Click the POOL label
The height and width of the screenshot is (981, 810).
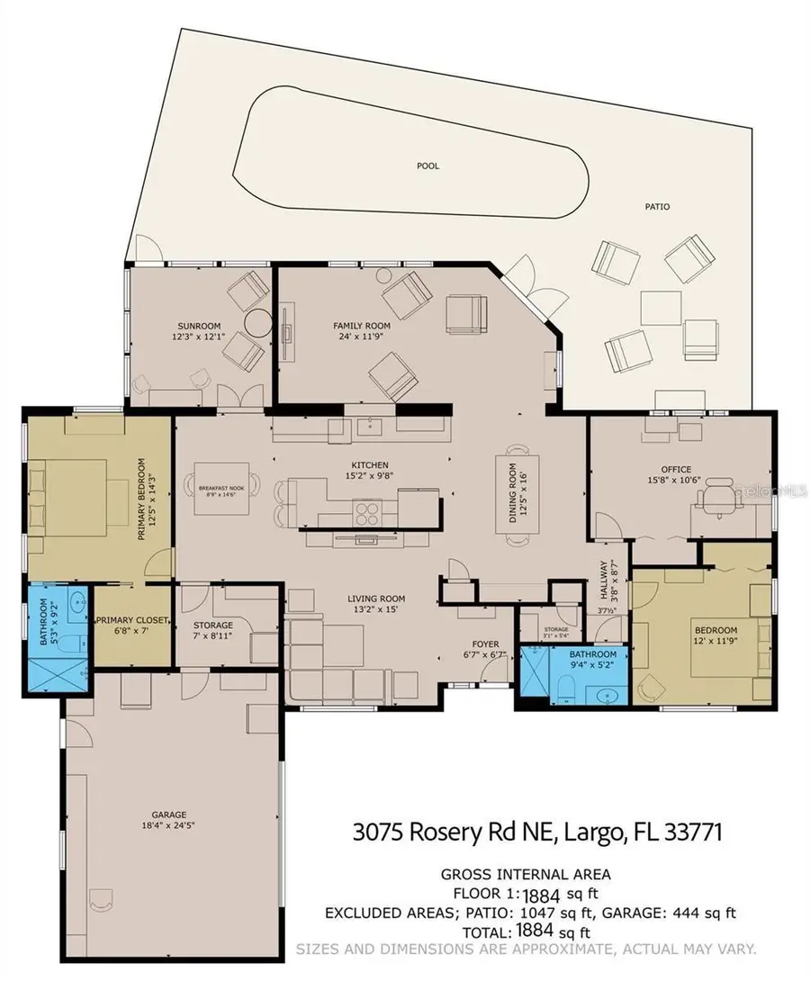tap(427, 166)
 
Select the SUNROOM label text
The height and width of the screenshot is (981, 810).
tap(198, 326)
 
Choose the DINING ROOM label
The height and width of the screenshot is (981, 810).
tap(512, 492)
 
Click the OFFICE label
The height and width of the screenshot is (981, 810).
tap(675, 469)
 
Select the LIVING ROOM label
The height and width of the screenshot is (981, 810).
tap(376, 598)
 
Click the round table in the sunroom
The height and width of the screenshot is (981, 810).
tap(258, 321)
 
